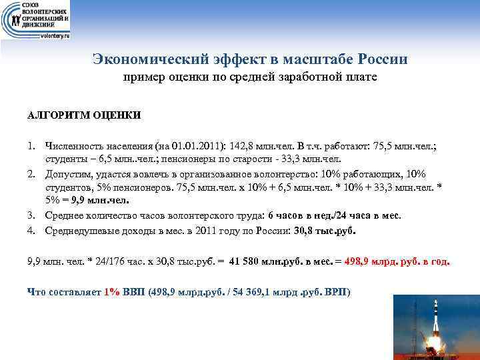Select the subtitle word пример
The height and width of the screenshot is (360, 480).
click(x=141, y=79)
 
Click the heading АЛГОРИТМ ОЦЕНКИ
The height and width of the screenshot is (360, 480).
click(x=84, y=115)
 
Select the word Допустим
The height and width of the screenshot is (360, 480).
click(x=67, y=175)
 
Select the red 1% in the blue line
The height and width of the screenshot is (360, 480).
click(x=112, y=293)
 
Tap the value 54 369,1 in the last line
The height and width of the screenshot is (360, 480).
click(x=266, y=293)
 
